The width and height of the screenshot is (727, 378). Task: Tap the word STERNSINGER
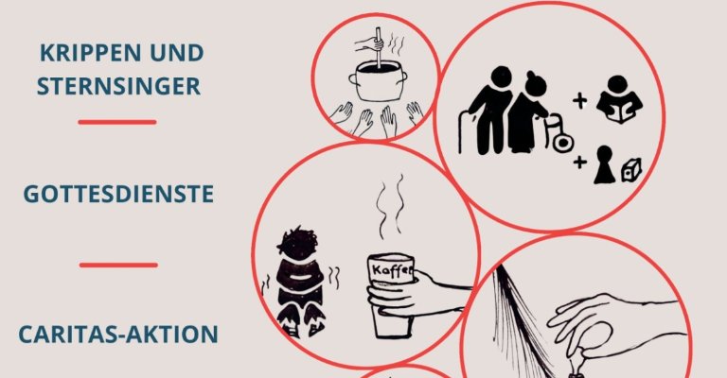(x=118, y=87)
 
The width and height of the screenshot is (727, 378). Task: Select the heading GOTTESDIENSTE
(x=118, y=195)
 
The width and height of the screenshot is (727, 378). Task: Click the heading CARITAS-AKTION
(x=118, y=335)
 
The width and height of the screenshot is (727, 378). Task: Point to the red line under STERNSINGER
(x=117, y=122)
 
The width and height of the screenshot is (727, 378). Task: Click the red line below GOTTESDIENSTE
(x=118, y=266)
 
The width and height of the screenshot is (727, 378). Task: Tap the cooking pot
(x=378, y=82)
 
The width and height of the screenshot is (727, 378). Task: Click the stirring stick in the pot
(x=379, y=47)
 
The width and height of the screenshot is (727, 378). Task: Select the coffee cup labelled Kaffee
(x=390, y=295)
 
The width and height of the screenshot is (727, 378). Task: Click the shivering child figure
(x=299, y=282)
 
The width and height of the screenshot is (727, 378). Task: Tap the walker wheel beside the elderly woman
(x=563, y=143)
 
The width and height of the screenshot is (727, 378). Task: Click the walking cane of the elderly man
(x=463, y=131)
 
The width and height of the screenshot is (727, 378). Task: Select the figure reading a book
(x=619, y=99)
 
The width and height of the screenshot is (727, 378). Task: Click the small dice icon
(x=631, y=170)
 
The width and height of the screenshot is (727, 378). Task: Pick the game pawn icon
(x=604, y=164)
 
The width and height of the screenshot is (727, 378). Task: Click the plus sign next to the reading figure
(x=579, y=101)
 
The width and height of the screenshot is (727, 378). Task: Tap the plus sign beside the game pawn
(x=579, y=162)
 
